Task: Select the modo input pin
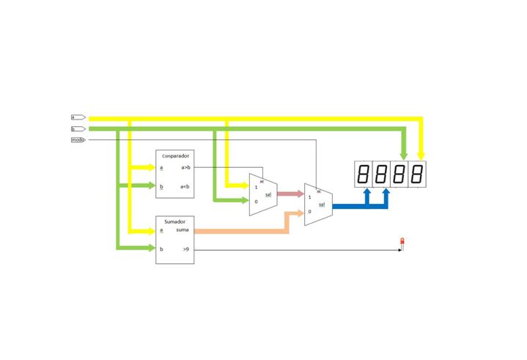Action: [78, 139]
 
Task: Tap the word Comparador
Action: [176, 156]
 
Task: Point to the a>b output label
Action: [185, 168]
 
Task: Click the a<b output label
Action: [185, 186]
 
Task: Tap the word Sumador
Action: [174, 221]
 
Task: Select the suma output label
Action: [183, 231]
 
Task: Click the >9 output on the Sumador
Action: [186, 250]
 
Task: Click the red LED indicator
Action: [402, 242]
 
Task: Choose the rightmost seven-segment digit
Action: [417, 175]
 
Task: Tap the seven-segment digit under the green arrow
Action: [399, 175]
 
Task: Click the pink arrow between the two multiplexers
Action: [291, 194]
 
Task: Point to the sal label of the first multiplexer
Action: [268, 195]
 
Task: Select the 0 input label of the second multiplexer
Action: [310, 211]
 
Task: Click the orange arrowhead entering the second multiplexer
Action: [299, 213]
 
